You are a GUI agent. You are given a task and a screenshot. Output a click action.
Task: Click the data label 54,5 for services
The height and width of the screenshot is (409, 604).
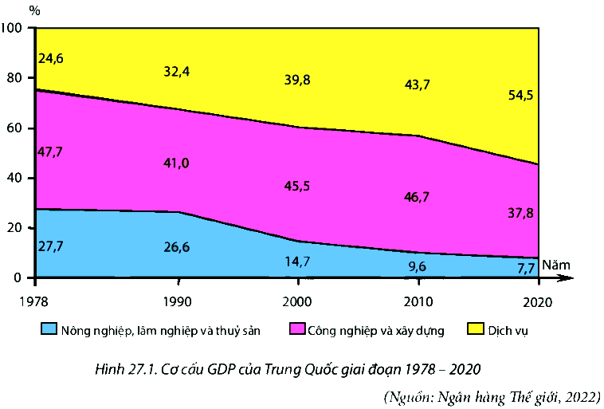point(520,95)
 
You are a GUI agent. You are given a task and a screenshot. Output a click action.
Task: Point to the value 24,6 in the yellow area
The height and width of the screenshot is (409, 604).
point(50,57)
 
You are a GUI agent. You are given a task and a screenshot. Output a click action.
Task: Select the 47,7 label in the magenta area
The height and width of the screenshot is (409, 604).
point(50,151)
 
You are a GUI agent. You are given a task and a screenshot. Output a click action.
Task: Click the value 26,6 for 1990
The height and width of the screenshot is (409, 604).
point(176,246)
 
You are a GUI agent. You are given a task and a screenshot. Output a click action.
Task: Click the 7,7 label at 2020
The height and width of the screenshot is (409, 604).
point(525,268)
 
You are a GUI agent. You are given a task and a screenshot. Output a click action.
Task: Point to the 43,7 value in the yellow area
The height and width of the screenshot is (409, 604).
point(417,85)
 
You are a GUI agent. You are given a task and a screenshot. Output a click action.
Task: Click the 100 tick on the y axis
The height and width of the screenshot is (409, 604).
point(14,29)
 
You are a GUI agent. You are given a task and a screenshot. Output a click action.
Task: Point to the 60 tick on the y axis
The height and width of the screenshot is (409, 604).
point(17,128)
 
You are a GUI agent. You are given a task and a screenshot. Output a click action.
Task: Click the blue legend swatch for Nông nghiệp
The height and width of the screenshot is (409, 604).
point(48,328)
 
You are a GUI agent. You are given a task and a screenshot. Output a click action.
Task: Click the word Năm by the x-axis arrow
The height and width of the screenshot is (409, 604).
point(555,263)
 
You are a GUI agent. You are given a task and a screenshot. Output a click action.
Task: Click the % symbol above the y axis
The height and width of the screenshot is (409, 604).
point(33,10)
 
